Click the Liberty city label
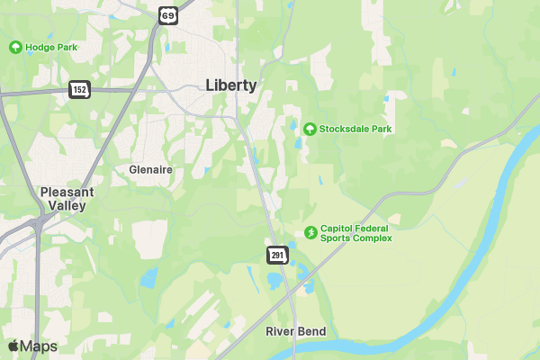[x=230, y=85]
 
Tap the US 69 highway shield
[x=169, y=14]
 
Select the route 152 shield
[x=79, y=89]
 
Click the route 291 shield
[x=276, y=256]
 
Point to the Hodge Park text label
[x=52, y=47]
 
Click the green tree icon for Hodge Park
[x=15, y=47]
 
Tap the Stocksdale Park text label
[x=355, y=129]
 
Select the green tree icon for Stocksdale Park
[x=310, y=129]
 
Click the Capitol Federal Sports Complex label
[x=356, y=232]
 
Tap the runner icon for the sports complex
[x=310, y=232]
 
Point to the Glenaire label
[x=150, y=169]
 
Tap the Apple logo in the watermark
[x=13, y=346]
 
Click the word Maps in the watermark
[x=39, y=346]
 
